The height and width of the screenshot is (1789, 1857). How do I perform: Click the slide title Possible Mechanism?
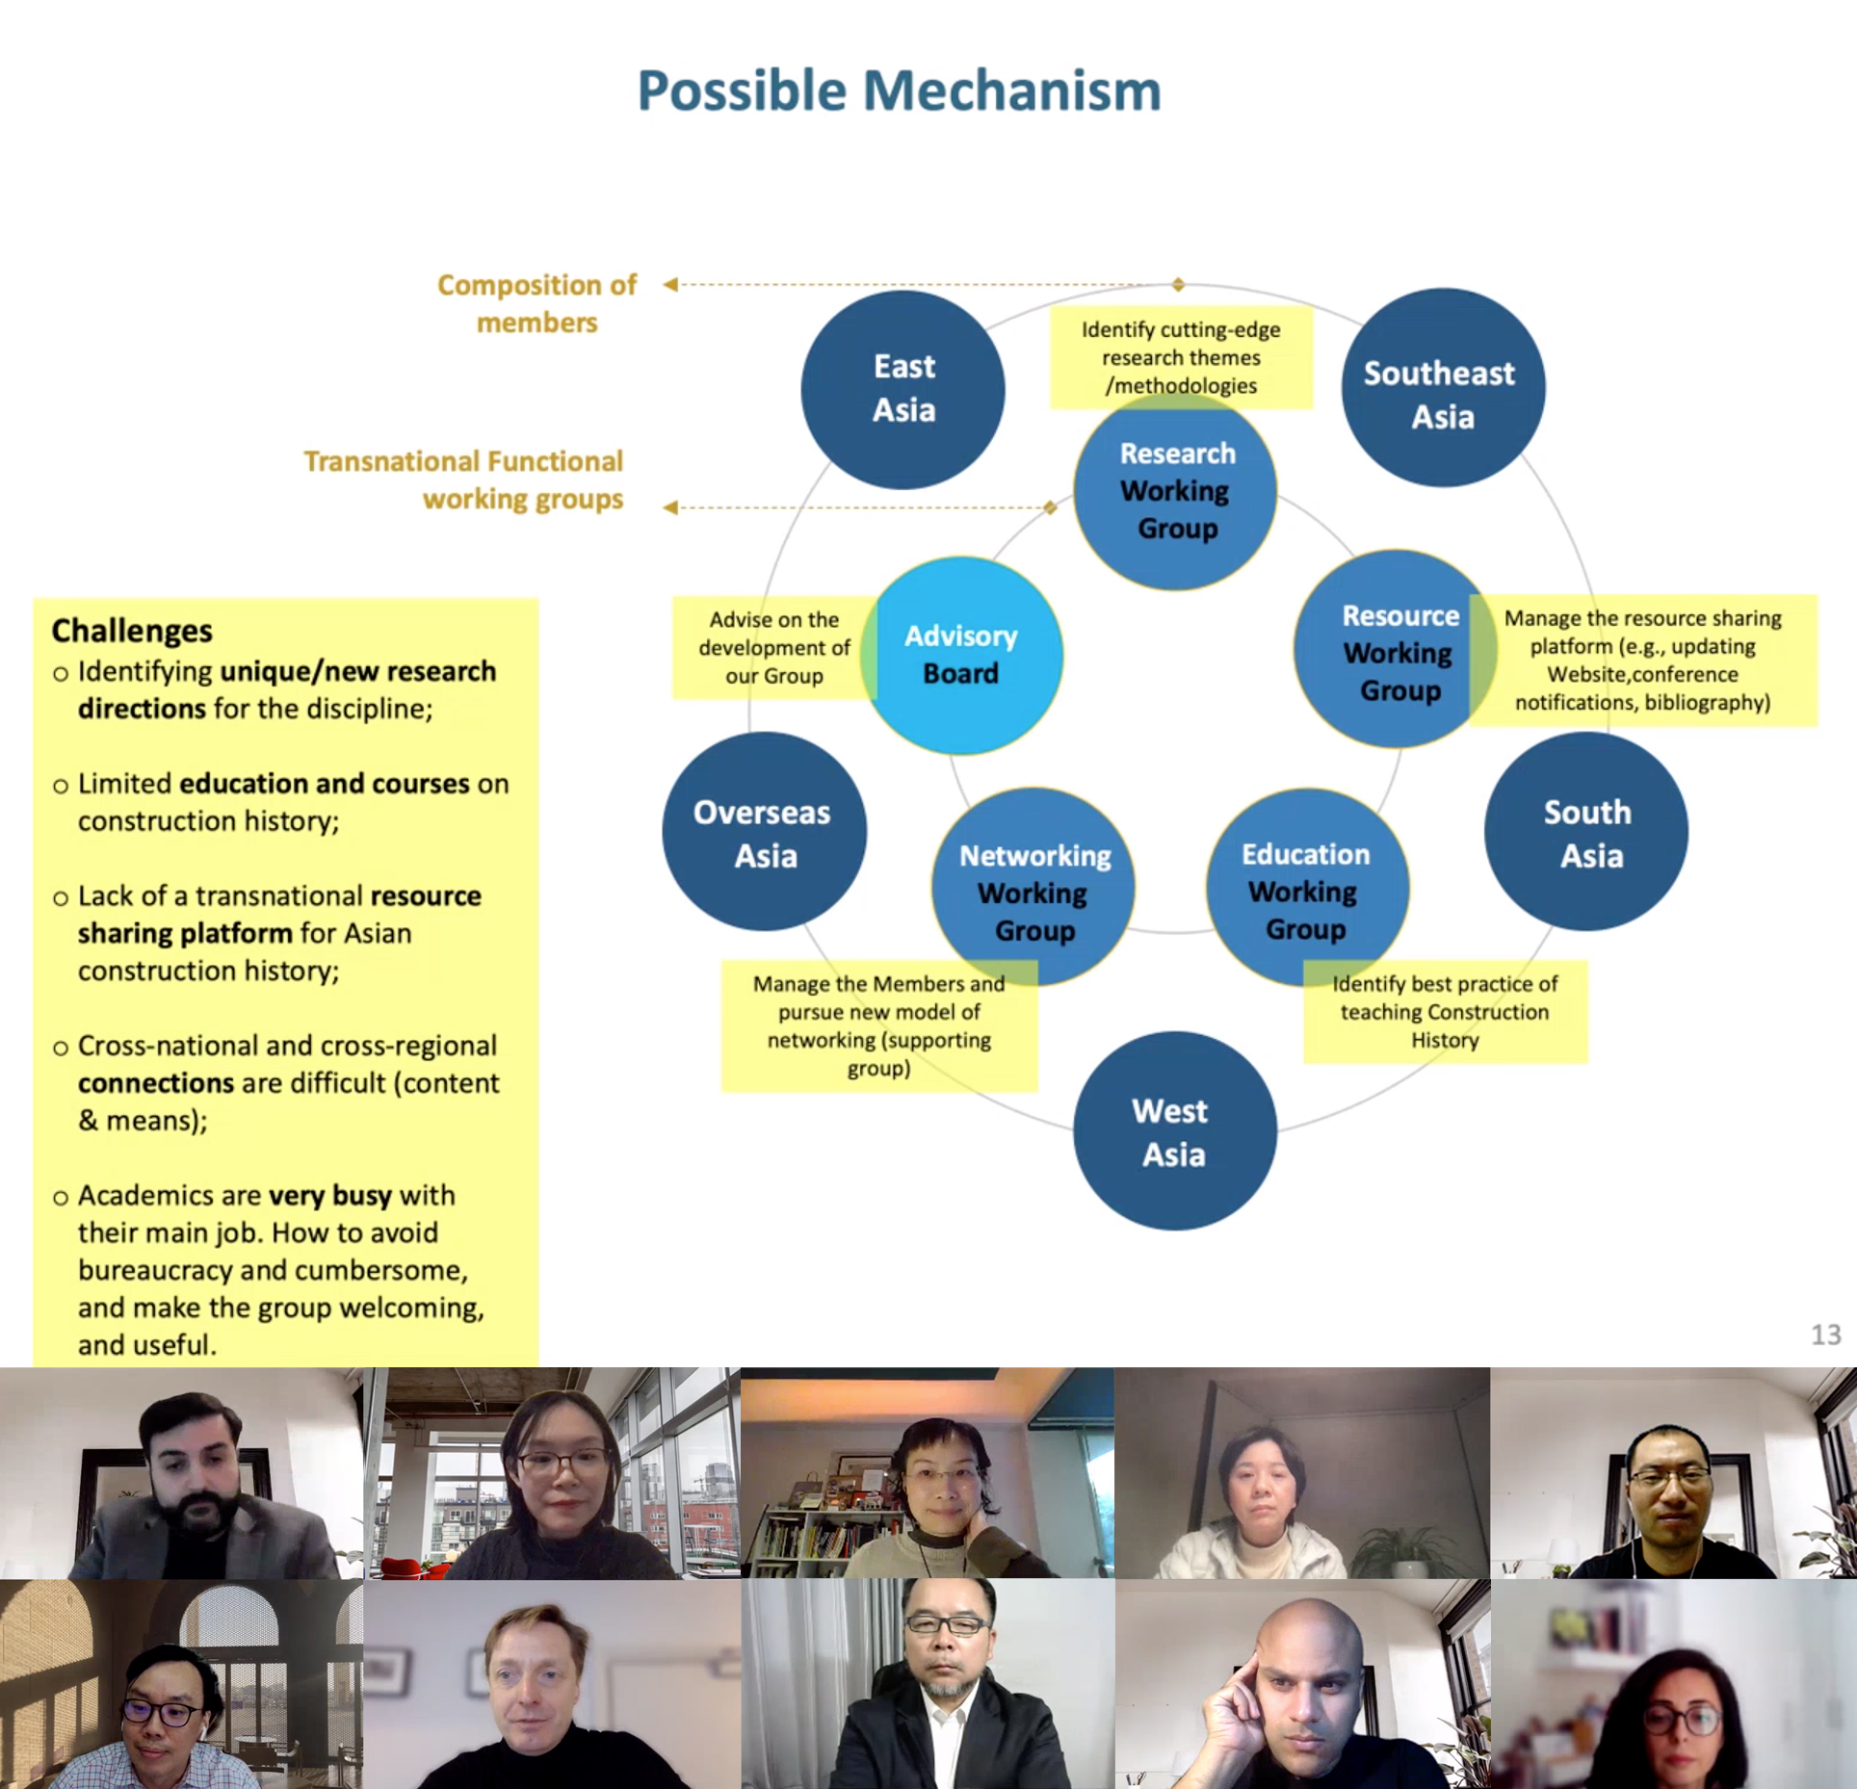click(x=899, y=91)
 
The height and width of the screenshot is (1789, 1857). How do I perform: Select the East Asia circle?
click(x=902, y=389)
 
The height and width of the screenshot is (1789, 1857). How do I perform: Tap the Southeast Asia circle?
click(x=1442, y=389)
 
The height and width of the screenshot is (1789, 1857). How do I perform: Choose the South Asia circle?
click(x=1585, y=832)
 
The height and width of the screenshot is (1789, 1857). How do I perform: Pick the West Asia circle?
click(x=1174, y=1131)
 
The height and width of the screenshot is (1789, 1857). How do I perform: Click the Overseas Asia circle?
click(x=764, y=832)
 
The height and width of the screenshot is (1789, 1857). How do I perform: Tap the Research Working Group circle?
click(x=1175, y=491)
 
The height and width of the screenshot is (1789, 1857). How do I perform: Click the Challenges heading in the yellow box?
click(x=132, y=631)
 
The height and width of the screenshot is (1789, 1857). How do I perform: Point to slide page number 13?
click(x=1825, y=1334)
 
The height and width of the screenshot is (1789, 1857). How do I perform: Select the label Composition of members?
click(x=536, y=303)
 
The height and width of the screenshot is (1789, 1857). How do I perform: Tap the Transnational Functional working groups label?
click(x=464, y=480)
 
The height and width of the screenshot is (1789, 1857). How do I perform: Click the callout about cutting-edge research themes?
click(x=1180, y=357)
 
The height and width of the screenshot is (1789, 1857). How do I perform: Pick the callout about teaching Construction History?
click(x=1444, y=1012)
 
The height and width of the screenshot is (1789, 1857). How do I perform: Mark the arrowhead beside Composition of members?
click(x=670, y=284)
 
